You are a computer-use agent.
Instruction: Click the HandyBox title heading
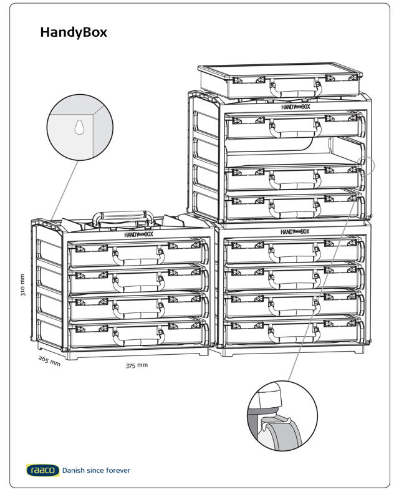(x=74, y=32)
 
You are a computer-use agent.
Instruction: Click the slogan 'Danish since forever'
(x=96, y=470)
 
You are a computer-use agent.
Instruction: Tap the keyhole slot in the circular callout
(x=79, y=128)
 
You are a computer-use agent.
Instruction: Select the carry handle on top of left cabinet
(x=124, y=218)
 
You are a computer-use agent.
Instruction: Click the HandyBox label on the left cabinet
(x=138, y=235)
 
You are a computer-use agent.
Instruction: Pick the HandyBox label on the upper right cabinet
(x=295, y=107)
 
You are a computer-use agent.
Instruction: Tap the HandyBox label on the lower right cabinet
(x=295, y=231)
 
